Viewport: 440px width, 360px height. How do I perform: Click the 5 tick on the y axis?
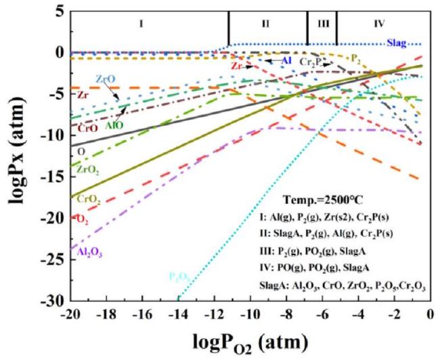coord(62,11)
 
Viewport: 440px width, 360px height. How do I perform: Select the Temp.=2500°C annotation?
coord(328,200)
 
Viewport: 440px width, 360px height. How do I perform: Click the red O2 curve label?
coord(81,218)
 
